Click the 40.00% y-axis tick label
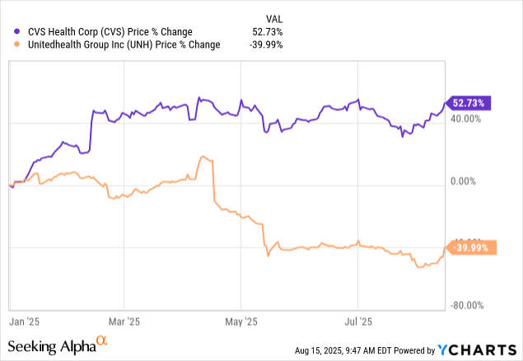click(468, 118)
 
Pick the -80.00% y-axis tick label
click(467, 306)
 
